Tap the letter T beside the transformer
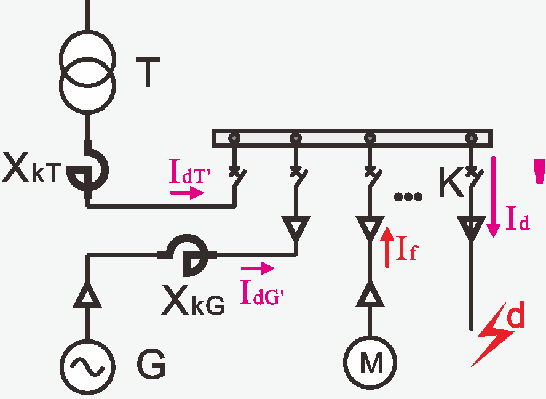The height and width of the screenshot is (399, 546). point(148,72)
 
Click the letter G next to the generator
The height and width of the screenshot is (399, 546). point(151,364)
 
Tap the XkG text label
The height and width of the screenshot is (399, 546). point(193,300)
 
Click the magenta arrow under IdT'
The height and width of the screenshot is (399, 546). point(187,192)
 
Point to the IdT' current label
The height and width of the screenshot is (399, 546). point(190,171)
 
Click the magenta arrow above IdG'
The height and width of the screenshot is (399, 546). point(258,268)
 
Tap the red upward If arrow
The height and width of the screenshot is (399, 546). point(387,247)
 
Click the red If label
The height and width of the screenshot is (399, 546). point(407,248)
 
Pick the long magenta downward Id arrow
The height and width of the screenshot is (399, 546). point(493,198)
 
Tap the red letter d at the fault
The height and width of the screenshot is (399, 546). point(515,314)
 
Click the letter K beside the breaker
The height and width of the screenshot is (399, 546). point(452,182)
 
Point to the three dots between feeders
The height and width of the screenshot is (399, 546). point(408,196)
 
